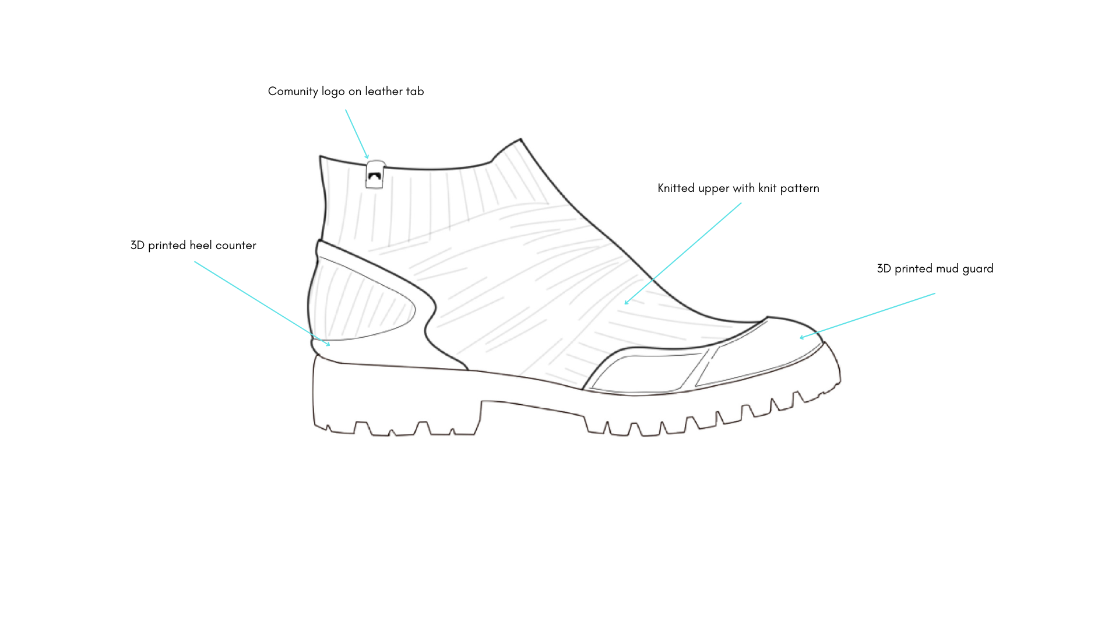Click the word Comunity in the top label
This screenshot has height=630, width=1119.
[293, 92]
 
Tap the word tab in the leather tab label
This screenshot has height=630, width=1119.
[415, 91]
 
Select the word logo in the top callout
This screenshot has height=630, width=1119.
[333, 92]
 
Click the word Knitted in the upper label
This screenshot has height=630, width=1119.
[676, 188]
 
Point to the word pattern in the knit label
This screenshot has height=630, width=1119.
[800, 188]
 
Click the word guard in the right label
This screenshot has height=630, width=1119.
[978, 269]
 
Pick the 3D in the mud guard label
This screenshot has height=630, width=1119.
[884, 268]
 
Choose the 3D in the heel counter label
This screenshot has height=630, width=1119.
[138, 245]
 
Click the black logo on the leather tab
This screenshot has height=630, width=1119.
[374, 176]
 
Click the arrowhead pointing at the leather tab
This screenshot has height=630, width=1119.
[367, 157]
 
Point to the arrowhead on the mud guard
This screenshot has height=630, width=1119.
[802, 337]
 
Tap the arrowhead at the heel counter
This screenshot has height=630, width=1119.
[328, 344]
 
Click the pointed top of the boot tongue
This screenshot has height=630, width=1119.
[520, 140]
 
